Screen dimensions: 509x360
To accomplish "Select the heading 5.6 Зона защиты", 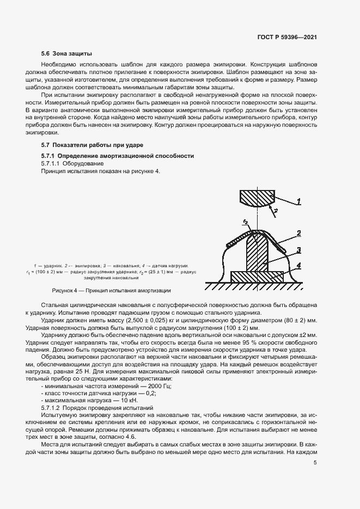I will coord(66,54).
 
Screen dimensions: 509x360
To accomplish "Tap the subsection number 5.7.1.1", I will coord(51,163).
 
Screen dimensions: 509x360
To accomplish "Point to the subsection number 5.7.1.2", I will coord(51,408).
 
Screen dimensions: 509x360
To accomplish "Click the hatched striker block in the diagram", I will coord(257,197).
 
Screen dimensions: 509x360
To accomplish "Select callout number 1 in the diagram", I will coord(298,201).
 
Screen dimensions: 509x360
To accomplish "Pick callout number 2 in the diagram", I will coord(298,234).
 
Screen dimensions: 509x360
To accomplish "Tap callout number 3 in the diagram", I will coord(298,250).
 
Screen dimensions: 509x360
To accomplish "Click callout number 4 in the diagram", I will coord(298,266).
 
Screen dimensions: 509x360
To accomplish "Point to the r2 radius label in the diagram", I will coord(246,222).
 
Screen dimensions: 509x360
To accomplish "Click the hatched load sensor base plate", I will coord(258,276).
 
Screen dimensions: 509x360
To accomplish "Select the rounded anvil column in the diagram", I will coord(258,250).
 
